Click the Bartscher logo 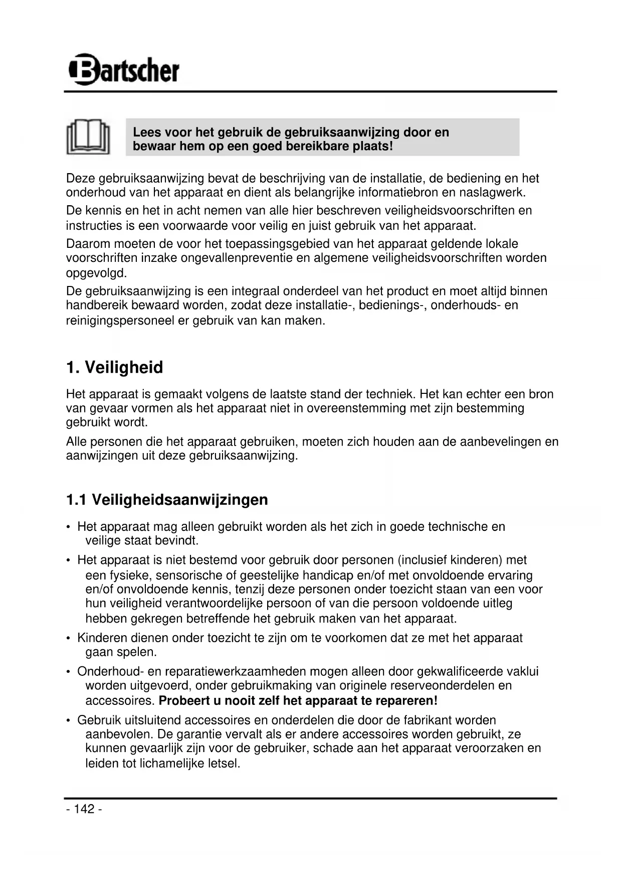point(123,70)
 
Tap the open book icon point(88,136)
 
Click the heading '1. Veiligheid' point(114,367)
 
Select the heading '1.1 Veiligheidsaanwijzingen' point(167,500)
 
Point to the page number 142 point(84,809)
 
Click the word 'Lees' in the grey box point(147,132)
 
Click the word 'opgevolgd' point(96,273)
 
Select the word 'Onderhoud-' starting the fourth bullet point(110,671)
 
